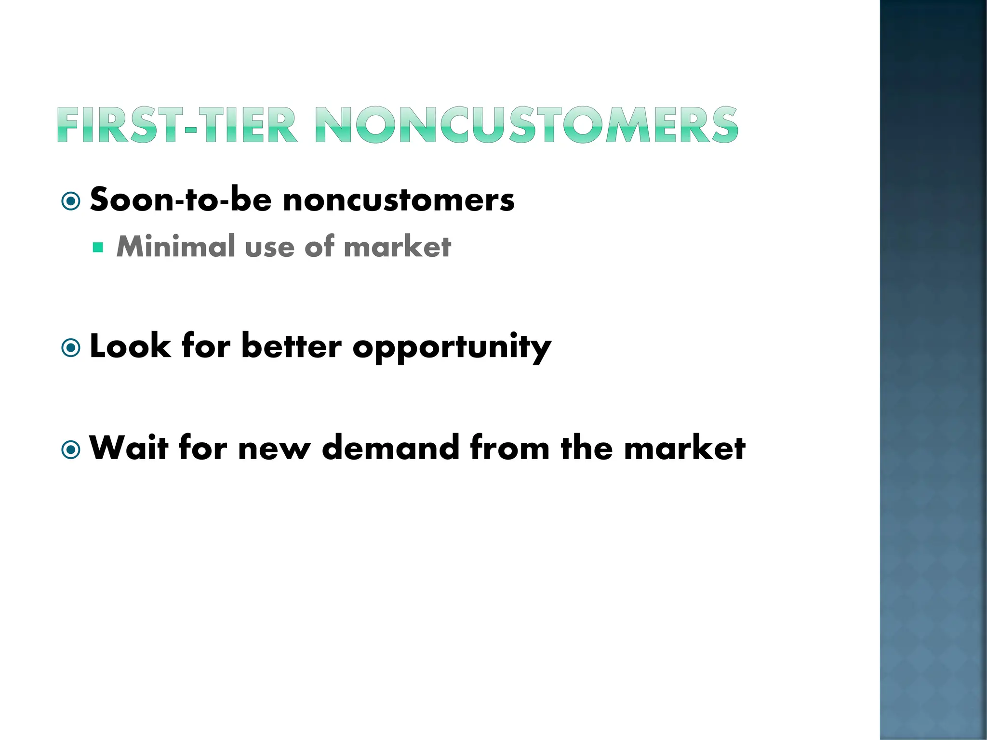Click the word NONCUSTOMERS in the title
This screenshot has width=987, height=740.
click(x=527, y=125)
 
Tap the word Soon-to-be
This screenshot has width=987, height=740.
click(x=181, y=199)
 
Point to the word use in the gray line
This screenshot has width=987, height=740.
click(x=269, y=248)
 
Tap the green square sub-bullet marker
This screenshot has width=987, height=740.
click(x=98, y=248)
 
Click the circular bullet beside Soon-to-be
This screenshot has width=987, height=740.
click(x=71, y=201)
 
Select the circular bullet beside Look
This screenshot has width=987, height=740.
click(x=71, y=347)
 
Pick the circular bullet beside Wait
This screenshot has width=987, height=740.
click(x=71, y=449)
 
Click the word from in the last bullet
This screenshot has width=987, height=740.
click(x=510, y=448)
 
